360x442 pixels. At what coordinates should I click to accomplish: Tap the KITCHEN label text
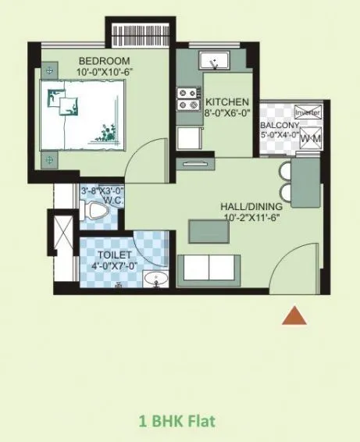tap(227, 102)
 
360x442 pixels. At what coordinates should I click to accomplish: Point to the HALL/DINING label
tap(251, 206)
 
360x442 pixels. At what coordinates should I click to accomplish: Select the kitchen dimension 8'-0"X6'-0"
tap(227, 113)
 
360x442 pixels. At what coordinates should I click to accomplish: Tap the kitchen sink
tap(212, 61)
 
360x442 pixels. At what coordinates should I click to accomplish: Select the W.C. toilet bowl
tap(97, 210)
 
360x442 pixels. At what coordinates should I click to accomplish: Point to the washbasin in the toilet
tap(157, 280)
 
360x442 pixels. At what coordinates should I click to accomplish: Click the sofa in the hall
tap(209, 269)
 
